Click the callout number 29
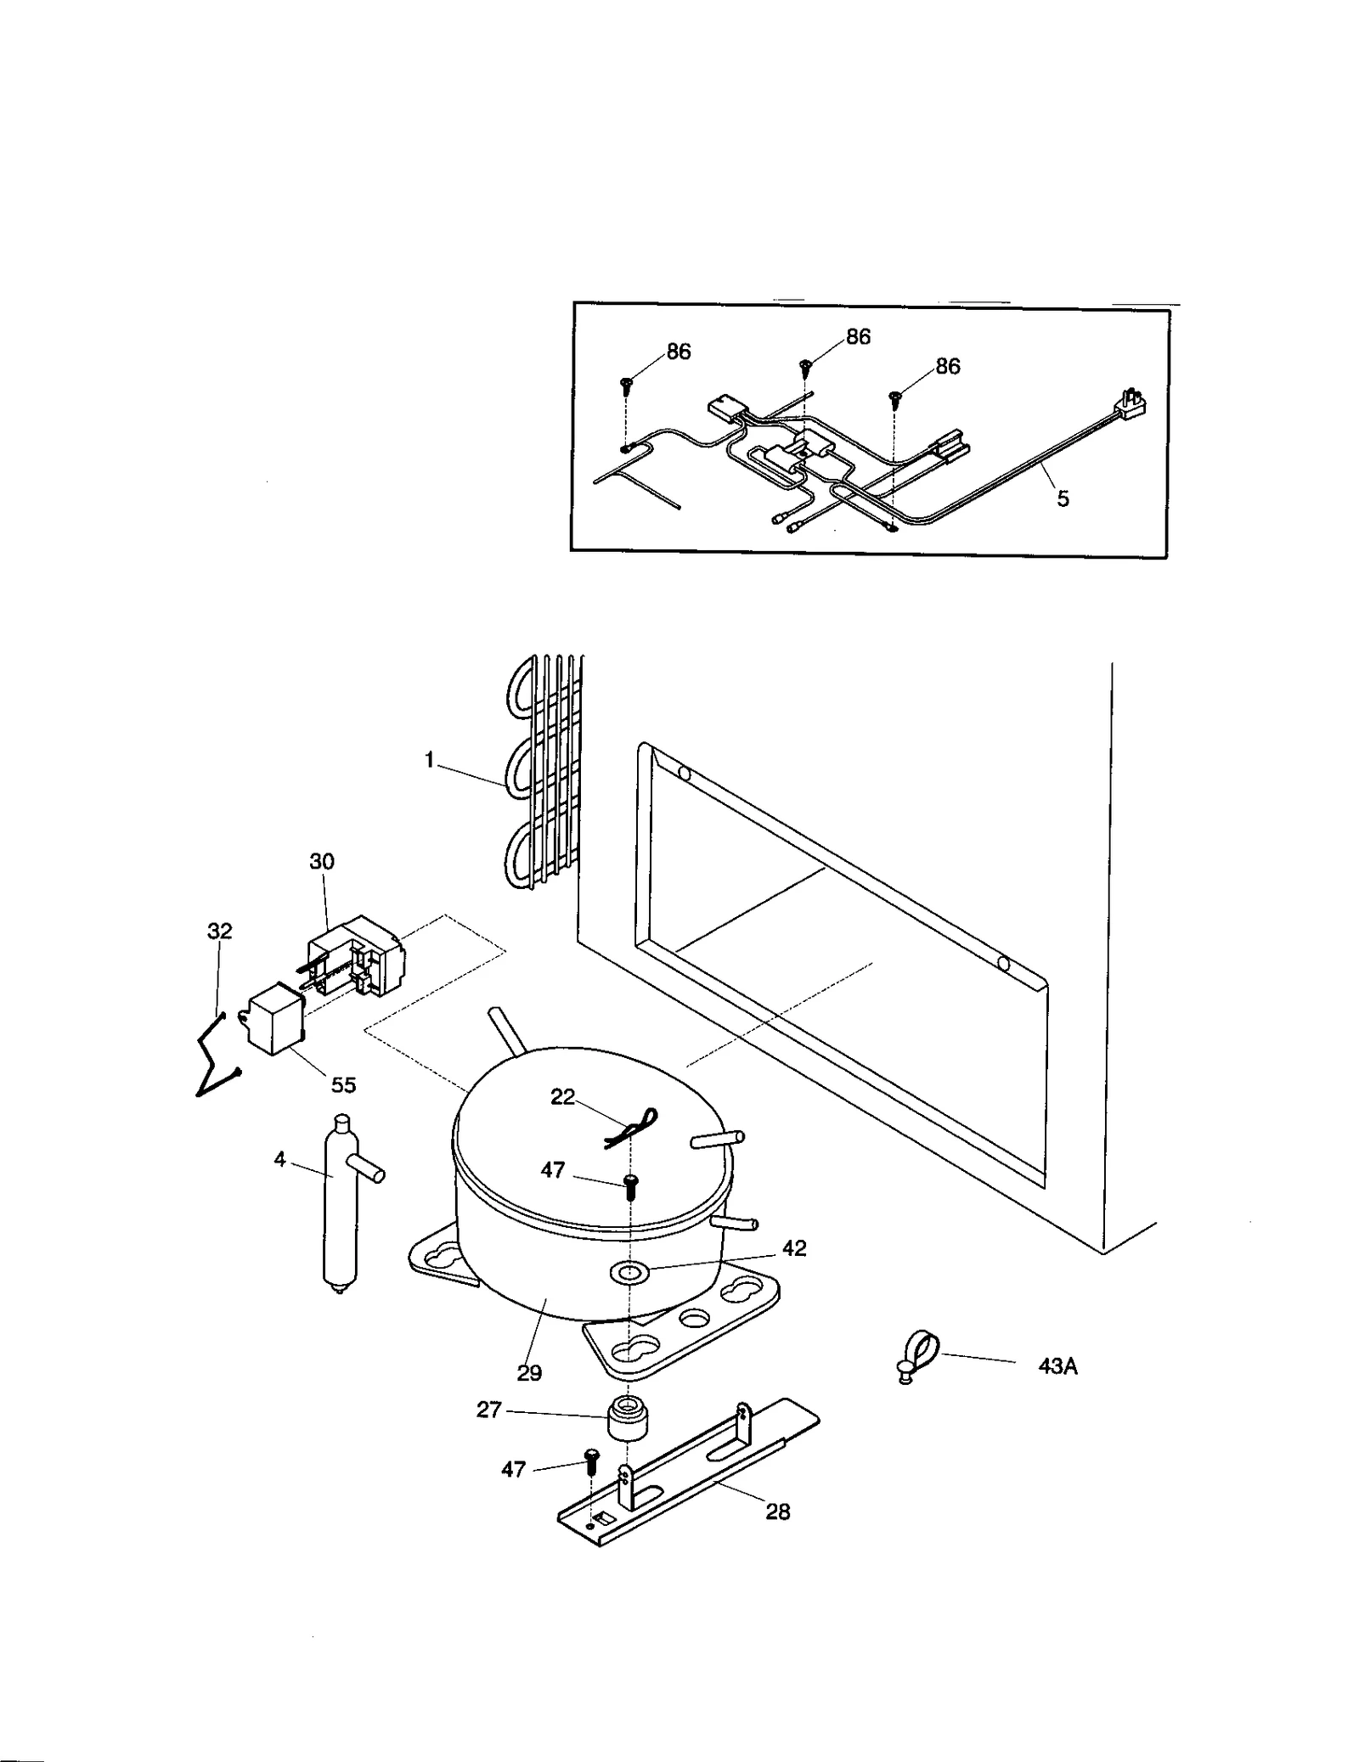click(528, 1373)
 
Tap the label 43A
click(1057, 1366)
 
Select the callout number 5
click(1063, 499)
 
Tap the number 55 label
click(343, 1085)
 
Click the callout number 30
click(321, 861)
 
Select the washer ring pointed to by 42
click(629, 1271)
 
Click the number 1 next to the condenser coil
click(430, 761)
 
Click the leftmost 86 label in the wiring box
click(678, 352)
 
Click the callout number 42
click(794, 1248)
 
